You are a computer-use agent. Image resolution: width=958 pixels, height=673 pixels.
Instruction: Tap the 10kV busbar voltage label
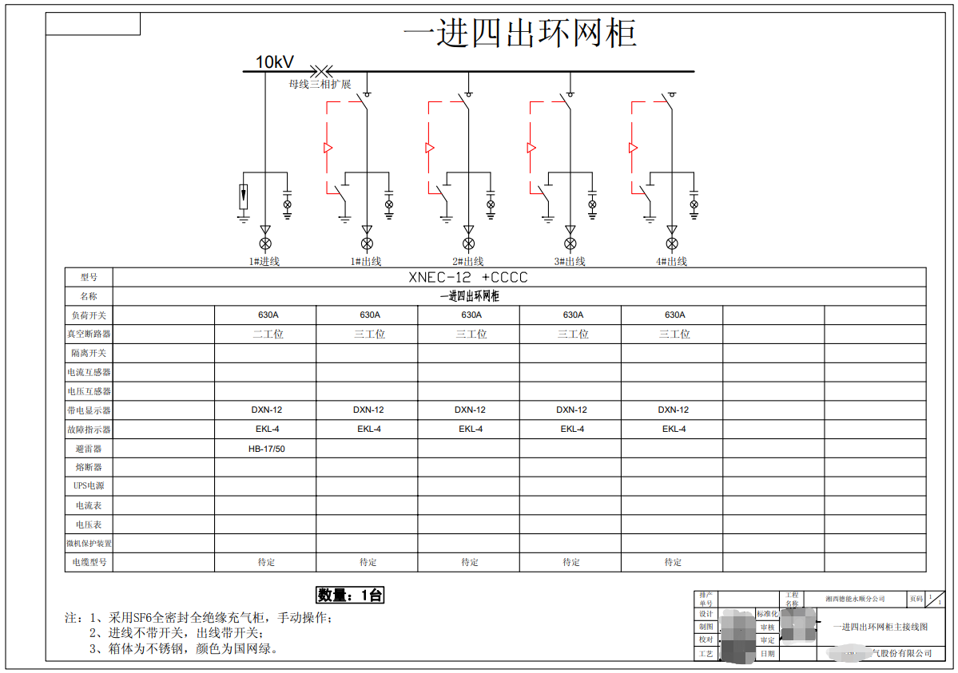pos(274,62)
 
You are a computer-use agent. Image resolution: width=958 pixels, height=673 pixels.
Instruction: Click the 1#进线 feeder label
pos(264,261)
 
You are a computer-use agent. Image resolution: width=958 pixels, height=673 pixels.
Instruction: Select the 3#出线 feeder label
pos(570,261)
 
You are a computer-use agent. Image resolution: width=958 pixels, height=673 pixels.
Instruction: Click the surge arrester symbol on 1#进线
pos(244,196)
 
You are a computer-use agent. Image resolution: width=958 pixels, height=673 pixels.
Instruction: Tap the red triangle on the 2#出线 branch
pos(429,148)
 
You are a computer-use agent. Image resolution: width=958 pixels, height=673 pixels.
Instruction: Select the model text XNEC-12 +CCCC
pos(468,278)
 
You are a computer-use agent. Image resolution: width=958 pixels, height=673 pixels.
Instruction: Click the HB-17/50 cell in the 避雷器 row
pos(266,449)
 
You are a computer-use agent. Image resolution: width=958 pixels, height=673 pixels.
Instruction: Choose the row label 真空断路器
pos(89,335)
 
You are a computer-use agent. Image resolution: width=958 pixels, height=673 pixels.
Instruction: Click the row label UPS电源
pos(89,486)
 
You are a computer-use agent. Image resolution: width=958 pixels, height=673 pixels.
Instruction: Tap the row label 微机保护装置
pos(89,544)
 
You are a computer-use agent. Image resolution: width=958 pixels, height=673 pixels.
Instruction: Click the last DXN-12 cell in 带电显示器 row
pos(674,410)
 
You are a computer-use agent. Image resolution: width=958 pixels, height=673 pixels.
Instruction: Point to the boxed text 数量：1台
pos(351,595)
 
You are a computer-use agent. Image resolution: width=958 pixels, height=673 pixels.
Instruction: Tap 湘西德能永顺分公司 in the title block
pos(855,598)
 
